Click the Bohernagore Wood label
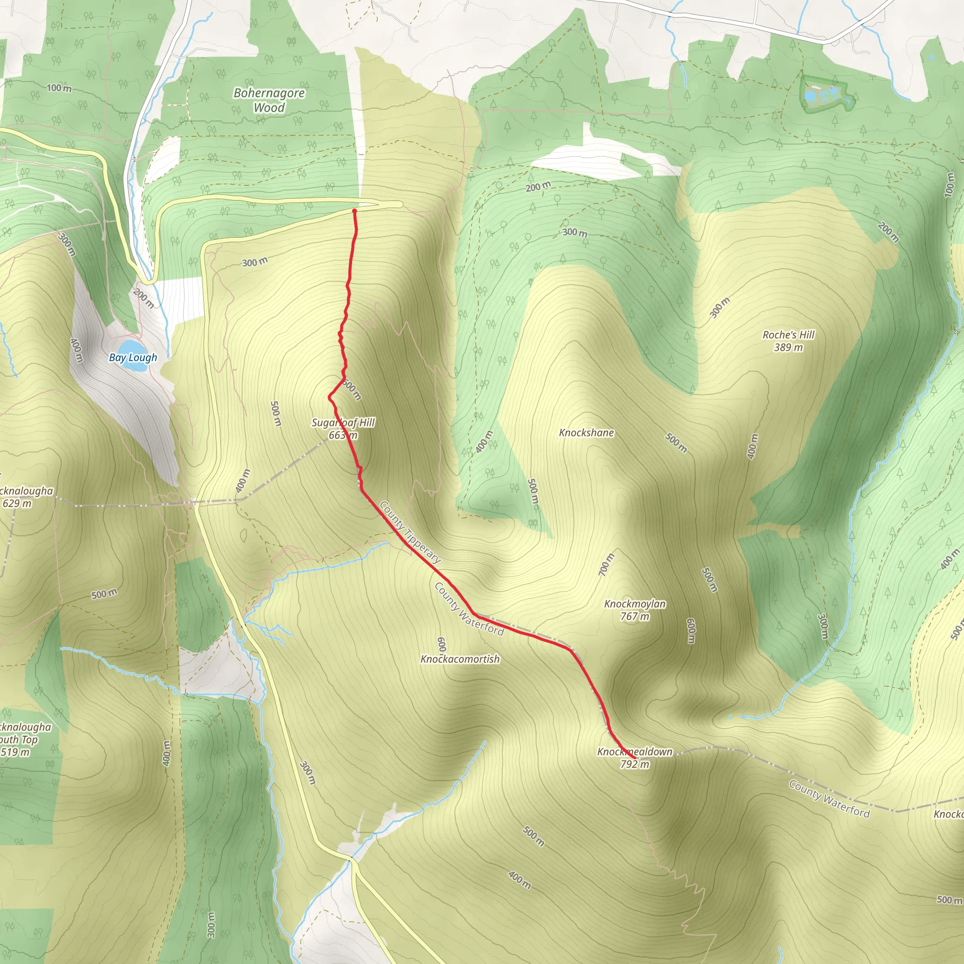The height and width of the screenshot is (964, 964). point(269,100)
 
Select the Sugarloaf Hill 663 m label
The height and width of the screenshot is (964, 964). point(343,429)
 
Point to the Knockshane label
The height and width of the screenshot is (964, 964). point(586,433)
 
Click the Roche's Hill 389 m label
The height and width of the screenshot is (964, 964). point(788,341)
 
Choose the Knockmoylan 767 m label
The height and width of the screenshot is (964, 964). point(635,610)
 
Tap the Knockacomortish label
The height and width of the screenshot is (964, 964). point(460,659)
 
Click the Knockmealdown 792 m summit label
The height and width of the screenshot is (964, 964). point(635,757)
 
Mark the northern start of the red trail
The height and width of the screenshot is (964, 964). point(354,211)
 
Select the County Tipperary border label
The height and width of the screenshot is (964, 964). point(410,532)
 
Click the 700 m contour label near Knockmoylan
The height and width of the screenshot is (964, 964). point(606,564)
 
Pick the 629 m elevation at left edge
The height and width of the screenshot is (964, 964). point(17,504)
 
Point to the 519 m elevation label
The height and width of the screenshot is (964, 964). point(15,752)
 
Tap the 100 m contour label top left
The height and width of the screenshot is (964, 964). point(59,88)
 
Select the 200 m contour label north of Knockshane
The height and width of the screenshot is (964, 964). point(538,186)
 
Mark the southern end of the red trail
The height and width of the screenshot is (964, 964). point(635,758)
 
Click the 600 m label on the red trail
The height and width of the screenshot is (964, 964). point(352,390)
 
